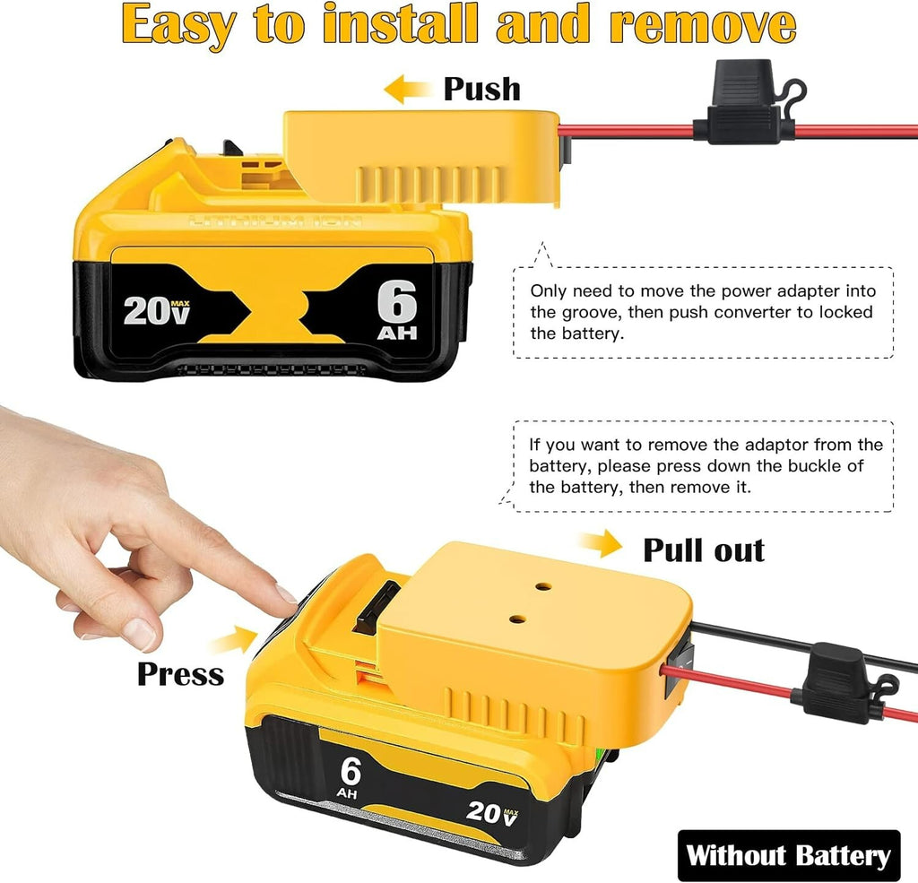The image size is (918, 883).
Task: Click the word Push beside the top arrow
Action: [x=481, y=89]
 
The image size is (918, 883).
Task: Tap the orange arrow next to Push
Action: [x=408, y=89]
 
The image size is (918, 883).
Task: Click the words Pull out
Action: [x=704, y=550]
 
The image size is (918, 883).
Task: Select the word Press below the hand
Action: [x=180, y=674]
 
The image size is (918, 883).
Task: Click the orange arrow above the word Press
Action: [x=234, y=639]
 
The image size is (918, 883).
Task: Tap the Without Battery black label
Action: [x=789, y=855]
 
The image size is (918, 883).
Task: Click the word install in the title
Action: [x=401, y=24]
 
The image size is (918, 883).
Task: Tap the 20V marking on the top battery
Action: [x=156, y=310]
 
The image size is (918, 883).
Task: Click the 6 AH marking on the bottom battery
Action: [x=350, y=777]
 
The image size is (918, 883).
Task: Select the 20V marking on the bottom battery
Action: [x=492, y=813]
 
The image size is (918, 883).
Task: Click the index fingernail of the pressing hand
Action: [x=286, y=594]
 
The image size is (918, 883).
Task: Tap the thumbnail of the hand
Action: [x=140, y=634]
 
